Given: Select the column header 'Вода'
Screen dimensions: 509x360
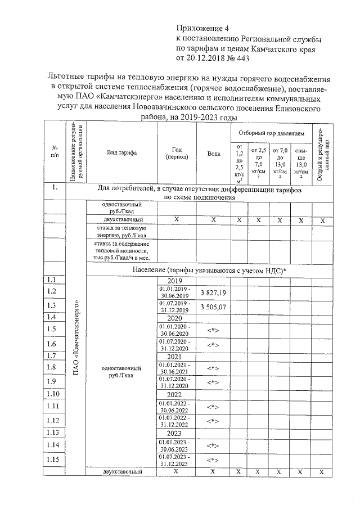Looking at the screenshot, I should [213, 153].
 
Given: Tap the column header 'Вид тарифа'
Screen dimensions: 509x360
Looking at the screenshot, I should [121, 152].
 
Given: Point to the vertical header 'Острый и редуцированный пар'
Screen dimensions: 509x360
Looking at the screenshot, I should [323, 152].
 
